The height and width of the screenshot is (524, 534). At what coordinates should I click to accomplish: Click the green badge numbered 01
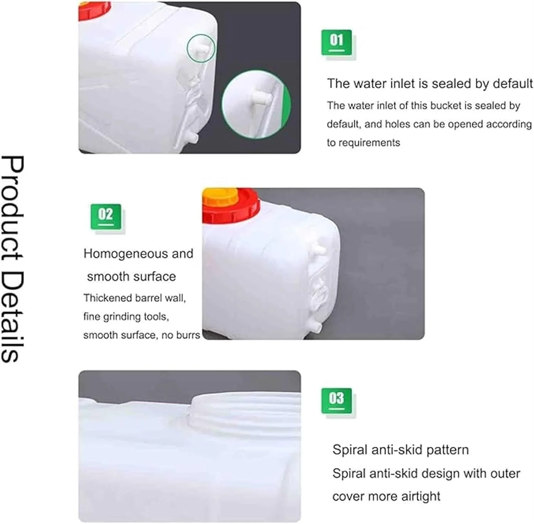click(336, 42)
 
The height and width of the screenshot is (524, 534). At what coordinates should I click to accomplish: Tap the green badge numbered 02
click(106, 216)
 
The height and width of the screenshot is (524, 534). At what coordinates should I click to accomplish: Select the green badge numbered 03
click(336, 401)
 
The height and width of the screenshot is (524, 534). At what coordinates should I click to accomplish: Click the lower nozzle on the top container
click(193, 138)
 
